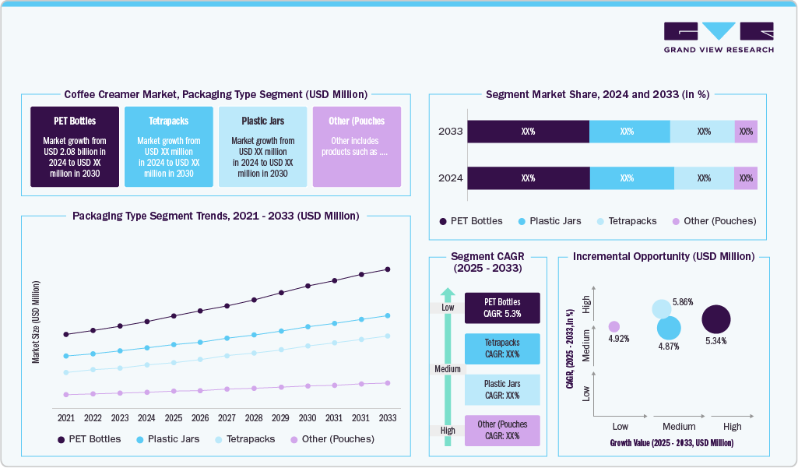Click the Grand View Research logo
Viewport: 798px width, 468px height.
[718, 37]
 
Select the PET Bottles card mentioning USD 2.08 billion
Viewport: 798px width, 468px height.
[75, 147]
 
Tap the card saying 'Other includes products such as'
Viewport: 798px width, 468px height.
[357, 147]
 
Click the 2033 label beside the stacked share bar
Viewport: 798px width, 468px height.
[451, 132]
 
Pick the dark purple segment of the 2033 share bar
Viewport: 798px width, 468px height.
[528, 132]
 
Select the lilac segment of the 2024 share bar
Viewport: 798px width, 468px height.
[745, 178]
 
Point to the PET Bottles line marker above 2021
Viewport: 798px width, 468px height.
[66, 334]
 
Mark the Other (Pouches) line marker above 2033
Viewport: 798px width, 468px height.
[387, 382]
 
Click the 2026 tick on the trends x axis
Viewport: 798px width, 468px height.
[200, 418]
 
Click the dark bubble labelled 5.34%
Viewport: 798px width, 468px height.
[716, 319]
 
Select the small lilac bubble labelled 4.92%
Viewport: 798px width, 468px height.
[613, 326]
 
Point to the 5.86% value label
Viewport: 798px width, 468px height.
[683, 301]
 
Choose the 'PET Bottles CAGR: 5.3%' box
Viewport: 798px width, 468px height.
[502, 308]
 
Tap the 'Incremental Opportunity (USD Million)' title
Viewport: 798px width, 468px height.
[663, 256]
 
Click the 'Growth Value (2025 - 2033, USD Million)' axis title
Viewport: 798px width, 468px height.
[671, 443]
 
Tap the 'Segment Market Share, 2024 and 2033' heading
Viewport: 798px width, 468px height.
[597, 94]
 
